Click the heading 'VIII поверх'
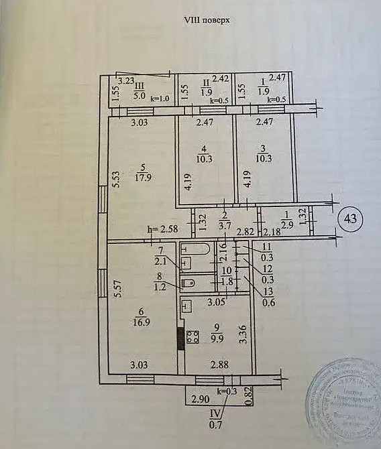[207, 21]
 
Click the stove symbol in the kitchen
[196, 336]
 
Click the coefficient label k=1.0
[161, 99]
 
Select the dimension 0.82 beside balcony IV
[249, 397]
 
